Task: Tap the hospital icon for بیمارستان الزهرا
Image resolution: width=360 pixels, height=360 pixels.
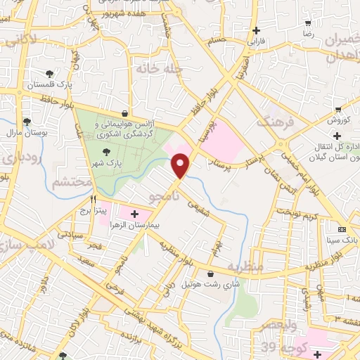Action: [x=134, y=213]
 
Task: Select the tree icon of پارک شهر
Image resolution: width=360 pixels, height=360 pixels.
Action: [x=106, y=150]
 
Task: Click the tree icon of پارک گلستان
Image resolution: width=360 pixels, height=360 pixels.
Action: [x=50, y=73]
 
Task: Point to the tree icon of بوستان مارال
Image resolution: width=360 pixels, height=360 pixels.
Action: [x=27, y=121]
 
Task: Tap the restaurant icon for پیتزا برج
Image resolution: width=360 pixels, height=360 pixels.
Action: [x=93, y=199]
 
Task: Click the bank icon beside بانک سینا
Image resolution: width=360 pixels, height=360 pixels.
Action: [x=342, y=230]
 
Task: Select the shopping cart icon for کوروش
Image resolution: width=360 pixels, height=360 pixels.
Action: [x=339, y=108]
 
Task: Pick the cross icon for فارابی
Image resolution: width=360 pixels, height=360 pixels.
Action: [x=256, y=30]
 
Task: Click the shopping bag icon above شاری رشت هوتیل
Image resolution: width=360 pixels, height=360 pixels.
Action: [x=211, y=274]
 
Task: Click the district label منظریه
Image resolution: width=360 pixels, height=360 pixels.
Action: [x=245, y=267]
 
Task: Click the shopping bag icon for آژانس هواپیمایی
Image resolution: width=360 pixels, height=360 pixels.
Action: [x=124, y=112]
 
